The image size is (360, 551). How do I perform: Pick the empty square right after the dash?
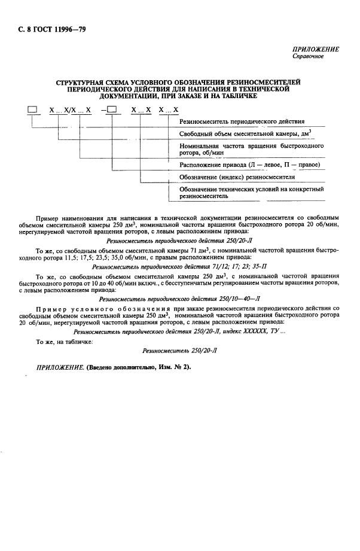pyautogui.click(x=112, y=109)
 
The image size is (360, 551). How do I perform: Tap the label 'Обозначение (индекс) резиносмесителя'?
pyautogui.click(x=238, y=177)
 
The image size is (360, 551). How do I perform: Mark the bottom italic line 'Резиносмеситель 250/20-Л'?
pyautogui.click(x=179, y=352)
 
